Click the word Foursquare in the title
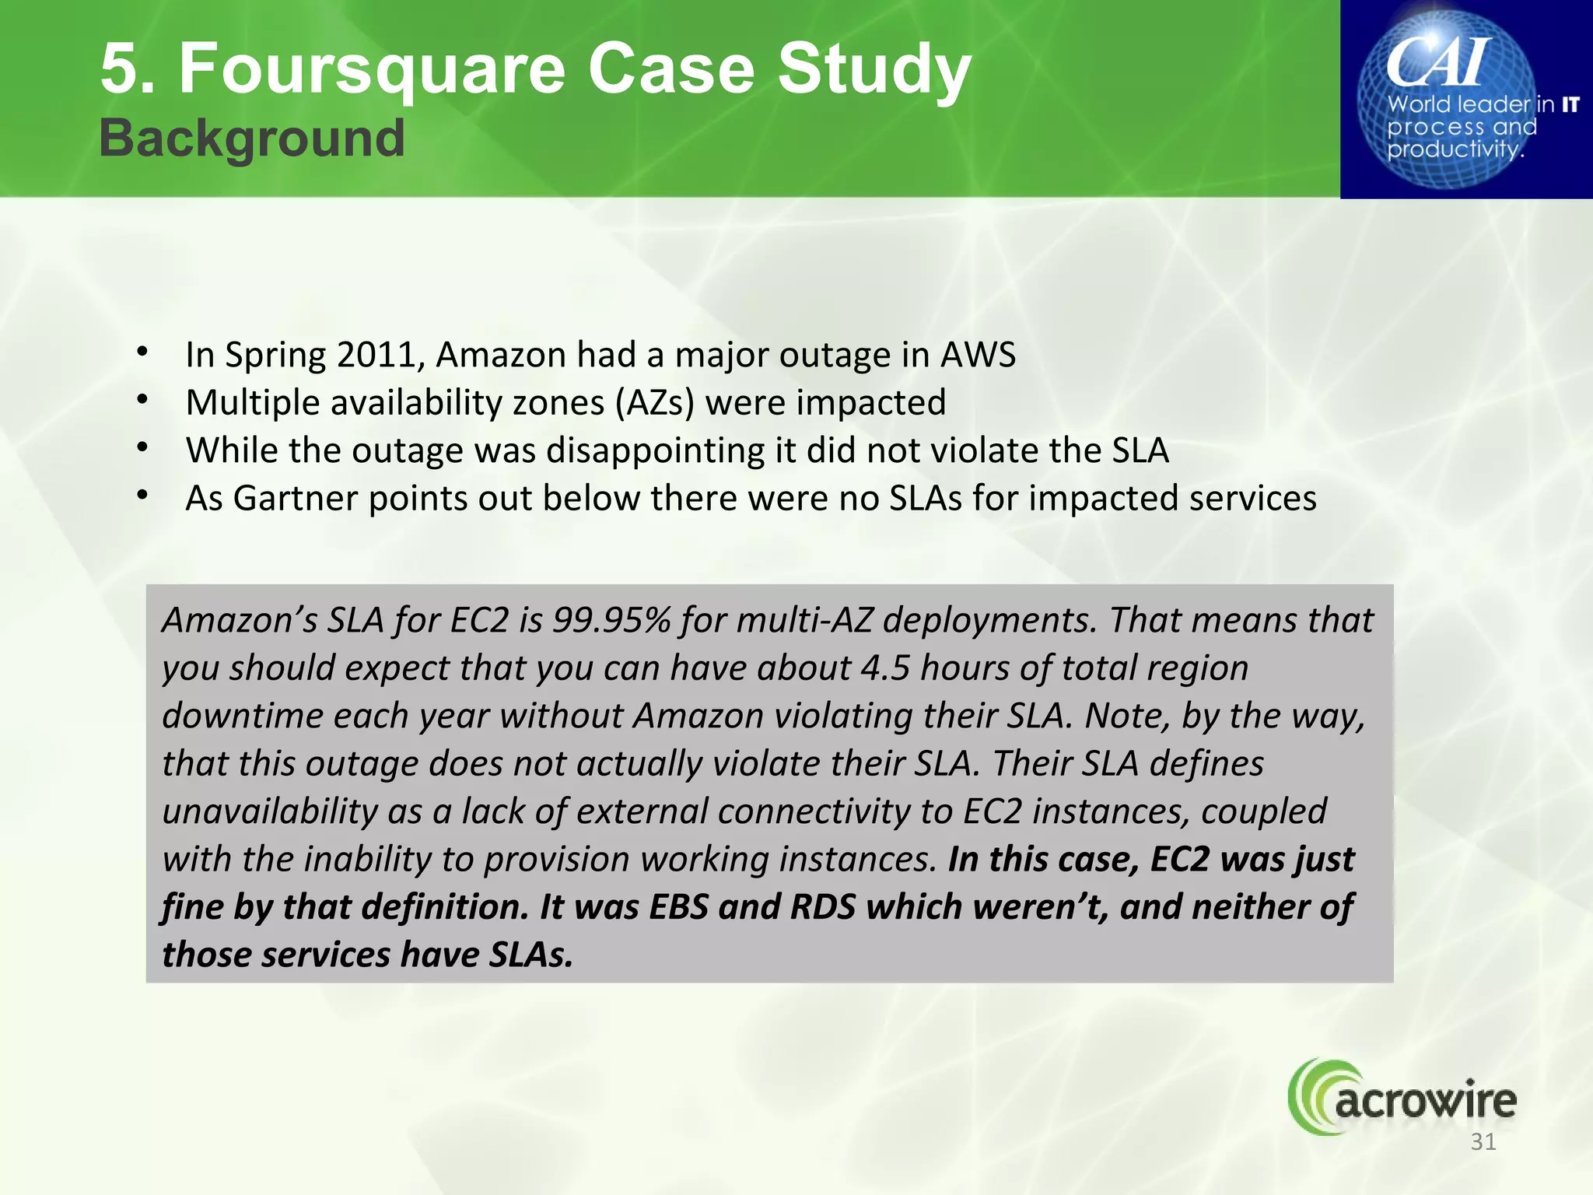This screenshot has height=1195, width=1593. (x=372, y=70)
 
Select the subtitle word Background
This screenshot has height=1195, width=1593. (x=252, y=138)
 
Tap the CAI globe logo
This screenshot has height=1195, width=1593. (x=1448, y=99)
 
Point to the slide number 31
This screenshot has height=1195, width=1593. (x=1483, y=1142)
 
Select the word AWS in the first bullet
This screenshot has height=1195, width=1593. (x=978, y=355)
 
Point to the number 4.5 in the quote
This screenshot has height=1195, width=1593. (x=885, y=668)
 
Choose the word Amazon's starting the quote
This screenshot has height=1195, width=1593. (x=240, y=621)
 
